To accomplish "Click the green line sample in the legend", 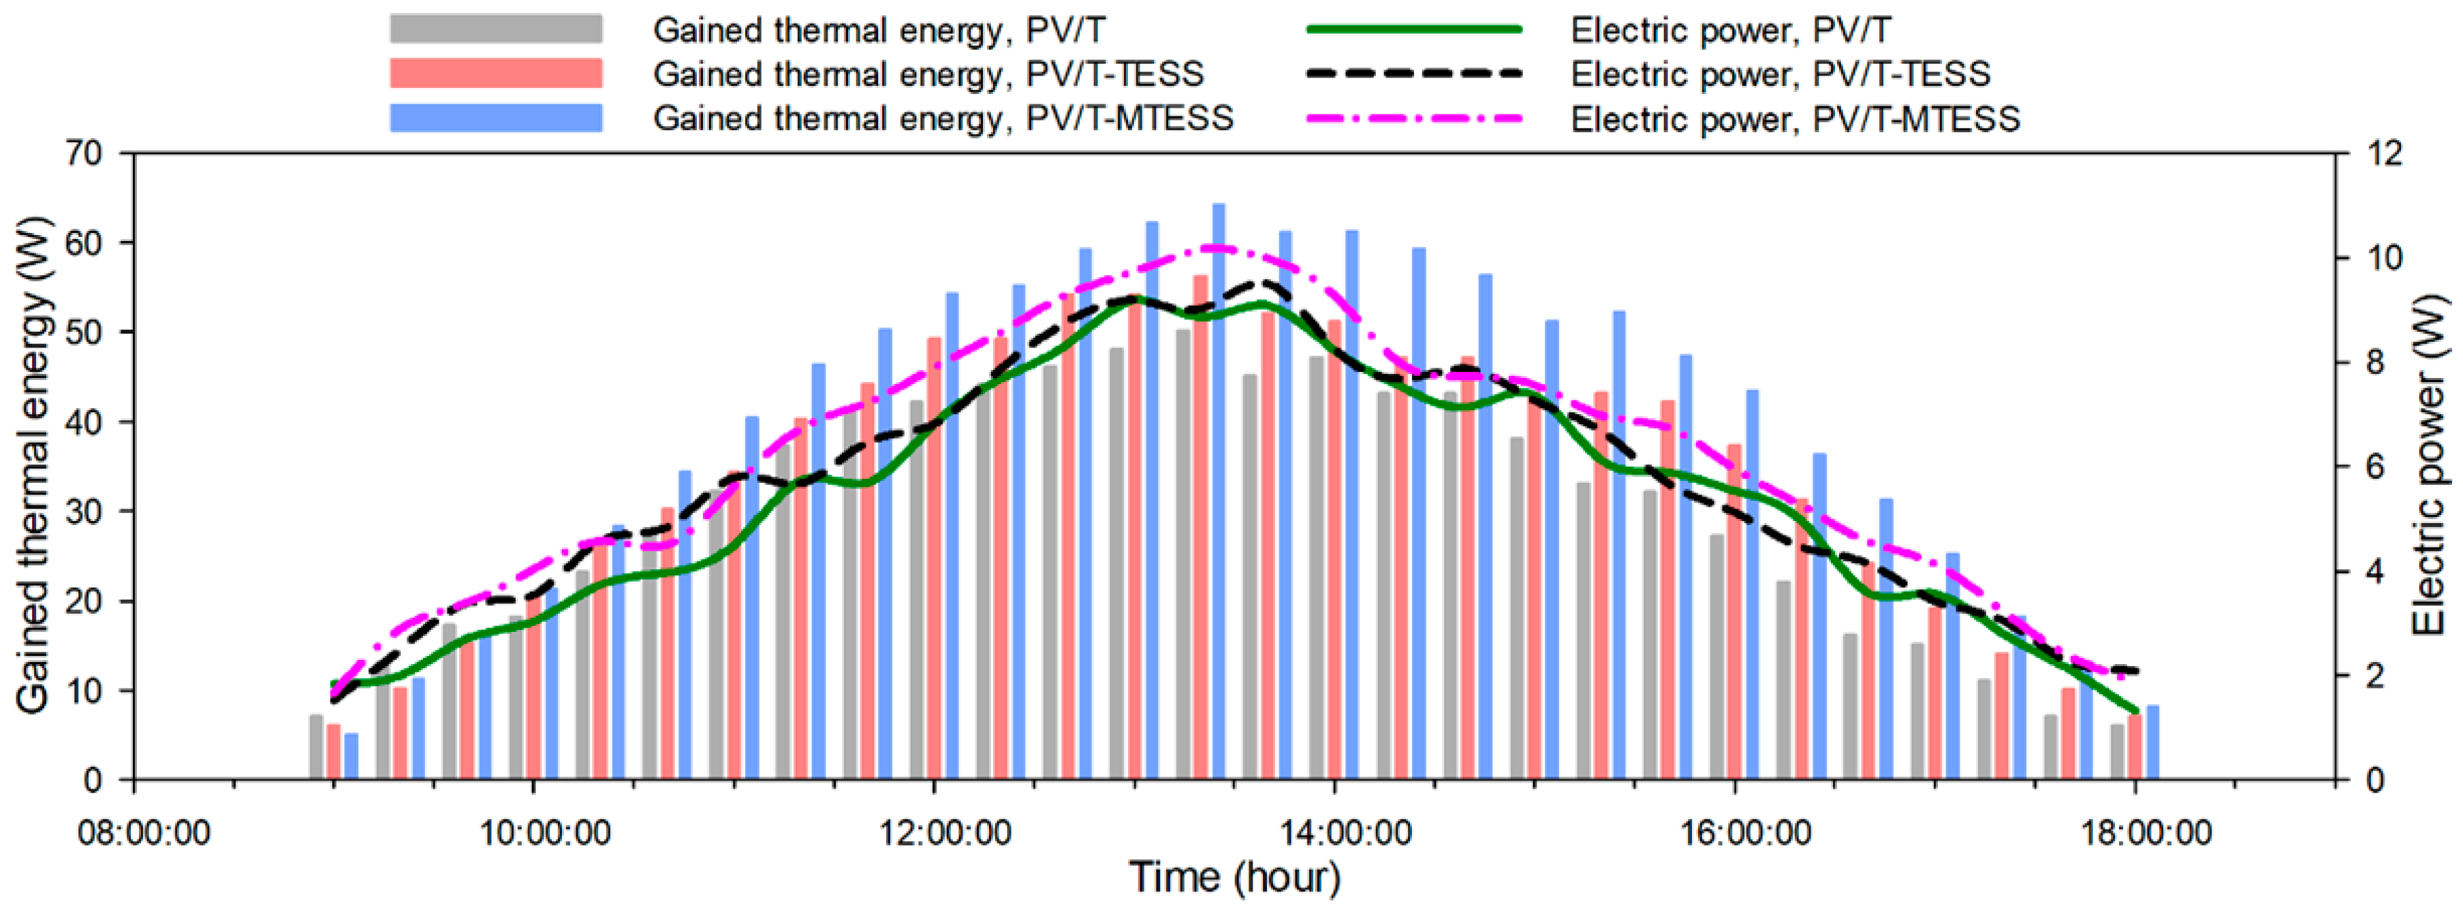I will [1413, 30].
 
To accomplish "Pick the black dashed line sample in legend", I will [1413, 74].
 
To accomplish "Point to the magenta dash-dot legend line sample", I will [1413, 119].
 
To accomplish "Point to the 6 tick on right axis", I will [2368, 467].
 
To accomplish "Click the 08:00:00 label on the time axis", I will [144, 833].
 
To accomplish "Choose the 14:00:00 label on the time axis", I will [1345, 833].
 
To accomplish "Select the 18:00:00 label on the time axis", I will [2145, 833].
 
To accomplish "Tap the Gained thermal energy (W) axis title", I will [33, 466].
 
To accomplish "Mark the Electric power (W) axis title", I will [2428, 466].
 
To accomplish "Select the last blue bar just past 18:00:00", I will [2152, 743].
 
